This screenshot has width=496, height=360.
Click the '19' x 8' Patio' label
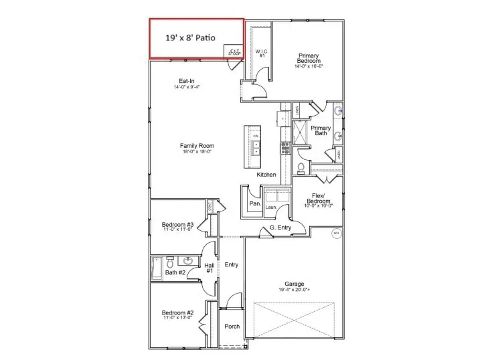[x=191, y=37]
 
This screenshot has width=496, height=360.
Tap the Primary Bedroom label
[x=309, y=60]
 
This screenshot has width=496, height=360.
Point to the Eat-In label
[x=187, y=83]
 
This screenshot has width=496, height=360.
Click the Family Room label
[x=197, y=148]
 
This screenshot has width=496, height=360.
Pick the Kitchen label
[x=266, y=175]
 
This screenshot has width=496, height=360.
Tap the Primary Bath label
[x=321, y=130]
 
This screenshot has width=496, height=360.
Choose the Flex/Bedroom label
[x=319, y=199]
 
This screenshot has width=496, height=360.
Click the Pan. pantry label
[x=254, y=203]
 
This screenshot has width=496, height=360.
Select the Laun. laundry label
[x=271, y=207]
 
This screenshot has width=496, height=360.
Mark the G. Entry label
[x=280, y=228]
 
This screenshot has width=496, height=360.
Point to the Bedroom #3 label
[x=178, y=226]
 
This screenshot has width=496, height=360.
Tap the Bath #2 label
[x=175, y=272]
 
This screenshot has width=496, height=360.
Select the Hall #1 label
[x=210, y=268]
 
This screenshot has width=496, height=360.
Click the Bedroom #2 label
[x=178, y=314]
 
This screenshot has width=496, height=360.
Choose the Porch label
[x=232, y=327]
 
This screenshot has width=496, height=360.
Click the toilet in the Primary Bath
[x=301, y=167]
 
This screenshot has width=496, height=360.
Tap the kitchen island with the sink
[x=256, y=148]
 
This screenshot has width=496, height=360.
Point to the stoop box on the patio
[x=234, y=52]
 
